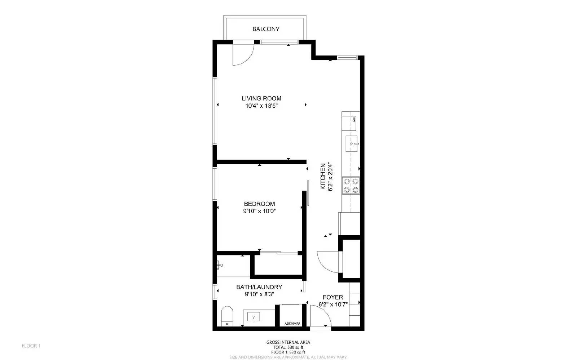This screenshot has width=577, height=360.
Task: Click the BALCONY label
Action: pyautogui.click(x=266, y=29)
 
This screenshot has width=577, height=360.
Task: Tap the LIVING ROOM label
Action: pyautogui.click(x=261, y=98)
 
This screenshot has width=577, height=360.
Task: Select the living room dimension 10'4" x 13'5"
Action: pyautogui.click(x=261, y=106)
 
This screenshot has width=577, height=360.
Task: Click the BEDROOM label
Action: pyautogui.click(x=259, y=204)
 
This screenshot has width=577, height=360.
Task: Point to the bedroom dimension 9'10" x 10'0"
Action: pyautogui.click(x=259, y=211)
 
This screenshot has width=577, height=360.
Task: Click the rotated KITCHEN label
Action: pyautogui.click(x=323, y=177)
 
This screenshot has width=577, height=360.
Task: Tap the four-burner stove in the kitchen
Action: pyautogui.click(x=351, y=185)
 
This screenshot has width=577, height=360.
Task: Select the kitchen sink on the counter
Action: pyautogui.click(x=352, y=144)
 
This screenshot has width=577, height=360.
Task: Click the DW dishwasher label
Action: pyautogui.click(x=354, y=119)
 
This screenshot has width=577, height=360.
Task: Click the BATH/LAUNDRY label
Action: pyautogui.click(x=259, y=287)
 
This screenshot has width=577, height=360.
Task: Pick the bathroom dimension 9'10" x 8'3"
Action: pyautogui.click(x=259, y=294)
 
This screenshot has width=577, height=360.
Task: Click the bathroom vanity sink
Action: pyautogui.click(x=254, y=317)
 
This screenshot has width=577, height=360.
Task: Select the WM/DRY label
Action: pyautogui.click(x=292, y=324)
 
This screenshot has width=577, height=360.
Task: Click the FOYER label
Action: pyautogui.click(x=332, y=297)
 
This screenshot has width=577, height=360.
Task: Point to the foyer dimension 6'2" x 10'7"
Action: pyautogui.click(x=332, y=305)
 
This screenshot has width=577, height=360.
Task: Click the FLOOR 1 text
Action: pyautogui.click(x=31, y=346)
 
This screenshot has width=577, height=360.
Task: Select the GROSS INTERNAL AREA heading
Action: pyautogui.click(x=288, y=342)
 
